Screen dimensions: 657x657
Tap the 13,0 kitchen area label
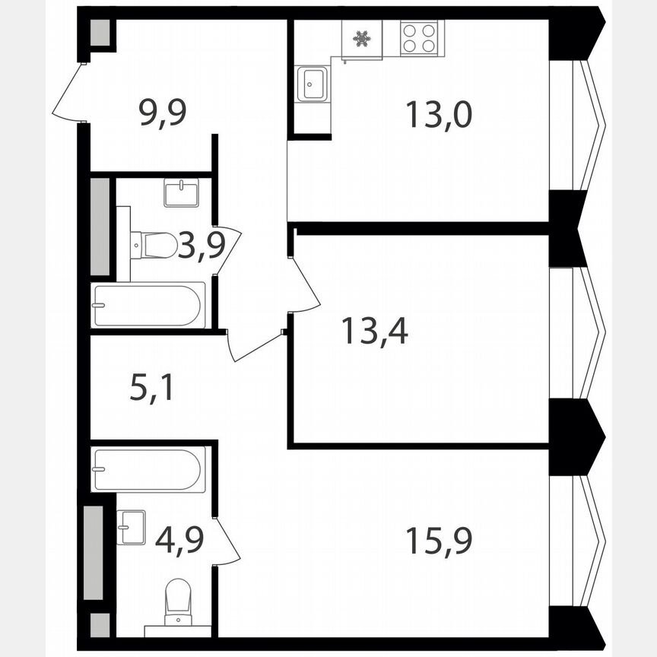click(x=439, y=116)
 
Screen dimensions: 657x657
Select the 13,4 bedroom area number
click(x=374, y=331)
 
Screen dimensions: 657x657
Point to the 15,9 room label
click(x=439, y=541)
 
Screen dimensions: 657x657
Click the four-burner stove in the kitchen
click(x=419, y=37)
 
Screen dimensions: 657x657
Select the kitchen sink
click(x=313, y=84)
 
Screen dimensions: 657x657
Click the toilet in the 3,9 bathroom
click(x=155, y=245)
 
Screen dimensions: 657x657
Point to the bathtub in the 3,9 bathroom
click(x=148, y=305)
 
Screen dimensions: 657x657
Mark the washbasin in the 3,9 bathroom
click(x=180, y=193)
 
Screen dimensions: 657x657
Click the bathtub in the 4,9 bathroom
click(x=148, y=470)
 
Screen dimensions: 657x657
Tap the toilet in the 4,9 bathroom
click(x=178, y=598)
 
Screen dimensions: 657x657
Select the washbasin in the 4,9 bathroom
click(x=132, y=526)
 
